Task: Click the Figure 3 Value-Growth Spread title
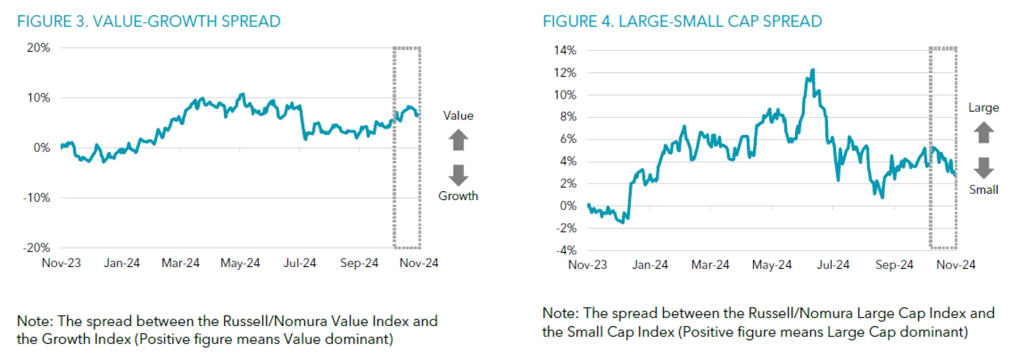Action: (x=149, y=21)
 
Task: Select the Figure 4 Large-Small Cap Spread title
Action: (x=682, y=21)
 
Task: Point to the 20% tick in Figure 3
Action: (x=38, y=48)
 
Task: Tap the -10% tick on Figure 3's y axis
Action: (x=36, y=198)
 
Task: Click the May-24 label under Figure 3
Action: (x=240, y=263)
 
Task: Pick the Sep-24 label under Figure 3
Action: (x=359, y=263)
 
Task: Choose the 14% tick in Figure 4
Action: (x=565, y=50)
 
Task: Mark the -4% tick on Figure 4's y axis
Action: (x=566, y=250)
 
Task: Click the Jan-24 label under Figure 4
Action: (x=650, y=264)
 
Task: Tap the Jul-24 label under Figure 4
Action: (x=833, y=264)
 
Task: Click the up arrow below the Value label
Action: (x=458, y=140)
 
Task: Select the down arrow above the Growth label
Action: (x=458, y=175)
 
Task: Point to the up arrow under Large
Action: (x=983, y=132)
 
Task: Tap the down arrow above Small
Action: (x=983, y=168)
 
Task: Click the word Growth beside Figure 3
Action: (x=458, y=196)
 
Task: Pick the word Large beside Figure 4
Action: (x=983, y=108)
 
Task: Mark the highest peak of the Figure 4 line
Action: (x=813, y=70)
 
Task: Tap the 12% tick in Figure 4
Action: (x=565, y=73)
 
